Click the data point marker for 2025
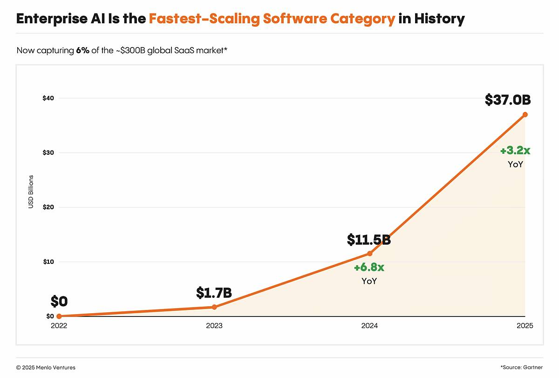coord(525,114)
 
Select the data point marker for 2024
coord(370,254)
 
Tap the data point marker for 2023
coord(214,307)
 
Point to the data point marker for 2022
coord(59,316)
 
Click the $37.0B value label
coord(508,100)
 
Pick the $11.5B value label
coord(368,240)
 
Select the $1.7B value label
coord(214,293)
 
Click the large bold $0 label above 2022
coord(59,302)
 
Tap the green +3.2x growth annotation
coord(515,151)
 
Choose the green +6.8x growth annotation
coord(369,268)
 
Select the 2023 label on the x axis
coord(214,326)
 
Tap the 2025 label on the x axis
coord(525,326)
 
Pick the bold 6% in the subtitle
coord(82,50)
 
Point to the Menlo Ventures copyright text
coord(46,368)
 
